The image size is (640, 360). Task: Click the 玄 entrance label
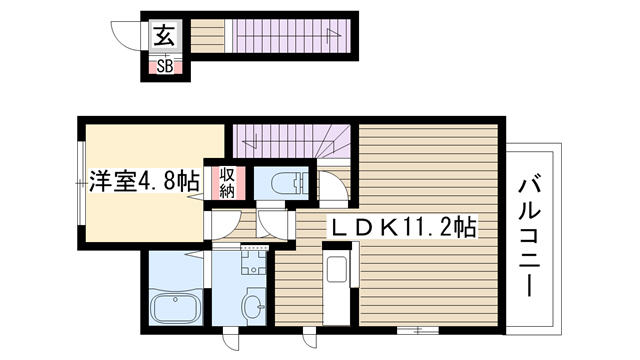(165, 35)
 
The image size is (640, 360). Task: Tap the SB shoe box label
(165, 66)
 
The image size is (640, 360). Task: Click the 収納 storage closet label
(227, 183)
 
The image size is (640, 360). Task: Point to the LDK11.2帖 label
(402, 227)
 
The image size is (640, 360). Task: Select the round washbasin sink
(253, 306)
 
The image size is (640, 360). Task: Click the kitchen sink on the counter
(337, 269)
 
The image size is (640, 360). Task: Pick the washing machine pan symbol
(254, 262)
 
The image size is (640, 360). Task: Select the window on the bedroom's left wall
(81, 183)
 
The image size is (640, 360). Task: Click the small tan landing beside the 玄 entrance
(208, 36)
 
